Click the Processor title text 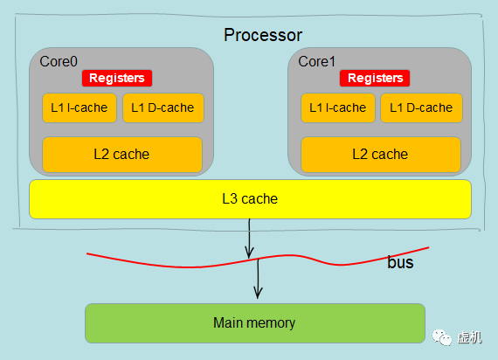tap(263, 35)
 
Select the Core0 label tap(59, 62)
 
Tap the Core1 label tap(316, 62)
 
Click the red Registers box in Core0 tap(117, 79)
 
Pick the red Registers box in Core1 tap(376, 79)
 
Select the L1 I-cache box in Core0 tap(79, 108)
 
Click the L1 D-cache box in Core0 tap(163, 108)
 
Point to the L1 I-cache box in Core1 tap(337, 108)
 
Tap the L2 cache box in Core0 tap(122, 155)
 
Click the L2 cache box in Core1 tap(380, 155)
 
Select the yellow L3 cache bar tap(250, 199)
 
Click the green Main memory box tap(254, 323)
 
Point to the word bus tap(400, 262)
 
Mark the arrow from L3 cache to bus tap(249, 236)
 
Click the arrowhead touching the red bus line tap(249, 253)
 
